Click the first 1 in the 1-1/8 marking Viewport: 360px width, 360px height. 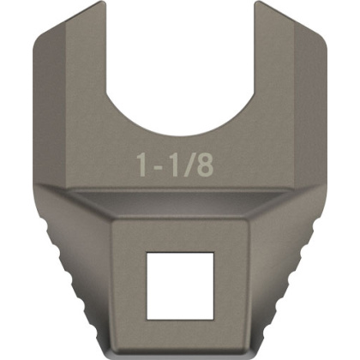(143, 165)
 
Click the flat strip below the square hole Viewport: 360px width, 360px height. (181, 330)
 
